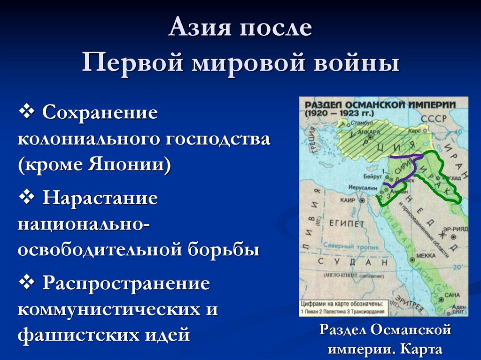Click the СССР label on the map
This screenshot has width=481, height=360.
point(432,120)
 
